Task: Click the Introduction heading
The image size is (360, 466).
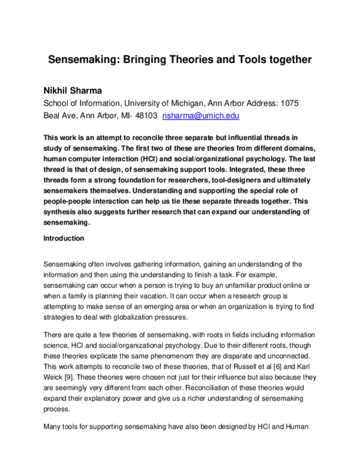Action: [x=64, y=238]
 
